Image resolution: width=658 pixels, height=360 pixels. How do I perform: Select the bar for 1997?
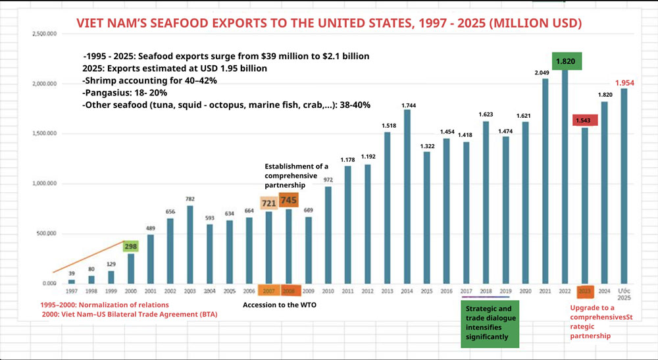click(x=72, y=281)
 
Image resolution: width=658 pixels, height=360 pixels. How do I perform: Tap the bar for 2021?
click(x=545, y=181)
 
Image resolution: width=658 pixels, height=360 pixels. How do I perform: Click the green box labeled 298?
click(x=130, y=245)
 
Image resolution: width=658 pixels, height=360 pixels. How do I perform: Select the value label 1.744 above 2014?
click(x=408, y=105)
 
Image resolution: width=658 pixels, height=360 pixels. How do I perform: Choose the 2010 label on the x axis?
click(x=328, y=290)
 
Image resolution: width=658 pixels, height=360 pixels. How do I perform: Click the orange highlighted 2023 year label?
click(x=585, y=290)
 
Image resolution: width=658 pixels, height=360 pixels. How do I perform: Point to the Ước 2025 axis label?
click(x=625, y=294)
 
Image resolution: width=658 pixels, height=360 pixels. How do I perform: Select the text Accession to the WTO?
click(x=280, y=305)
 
